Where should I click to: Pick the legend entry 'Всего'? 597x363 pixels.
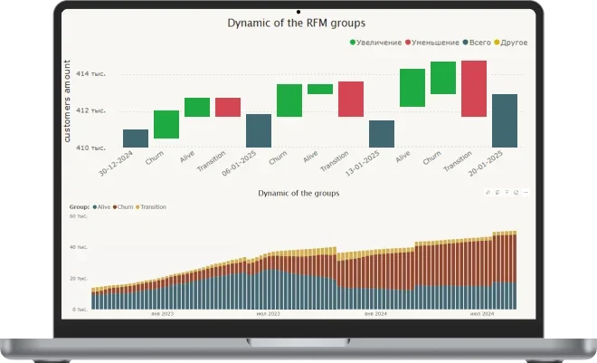(479, 43)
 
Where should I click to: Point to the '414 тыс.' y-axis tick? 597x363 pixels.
(91, 74)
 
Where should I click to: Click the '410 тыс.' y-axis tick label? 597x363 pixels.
(91, 147)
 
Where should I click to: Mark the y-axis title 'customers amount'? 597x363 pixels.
(68, 101)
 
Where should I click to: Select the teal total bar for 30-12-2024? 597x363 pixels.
(136, 139)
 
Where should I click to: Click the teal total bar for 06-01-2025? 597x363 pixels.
(259, 130)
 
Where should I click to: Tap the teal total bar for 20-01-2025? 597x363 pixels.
(505, 120)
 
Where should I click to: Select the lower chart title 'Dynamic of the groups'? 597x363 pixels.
(298, 193)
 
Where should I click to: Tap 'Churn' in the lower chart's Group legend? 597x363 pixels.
(125, 207)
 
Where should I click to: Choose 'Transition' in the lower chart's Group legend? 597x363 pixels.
(153, 207)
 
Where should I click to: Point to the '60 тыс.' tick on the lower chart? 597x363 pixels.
(79, 217)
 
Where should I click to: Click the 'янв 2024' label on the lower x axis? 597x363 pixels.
(375, 314)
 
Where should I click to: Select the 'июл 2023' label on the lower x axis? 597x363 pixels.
(269, 314)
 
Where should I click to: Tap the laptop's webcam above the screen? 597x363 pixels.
(298, 10)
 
